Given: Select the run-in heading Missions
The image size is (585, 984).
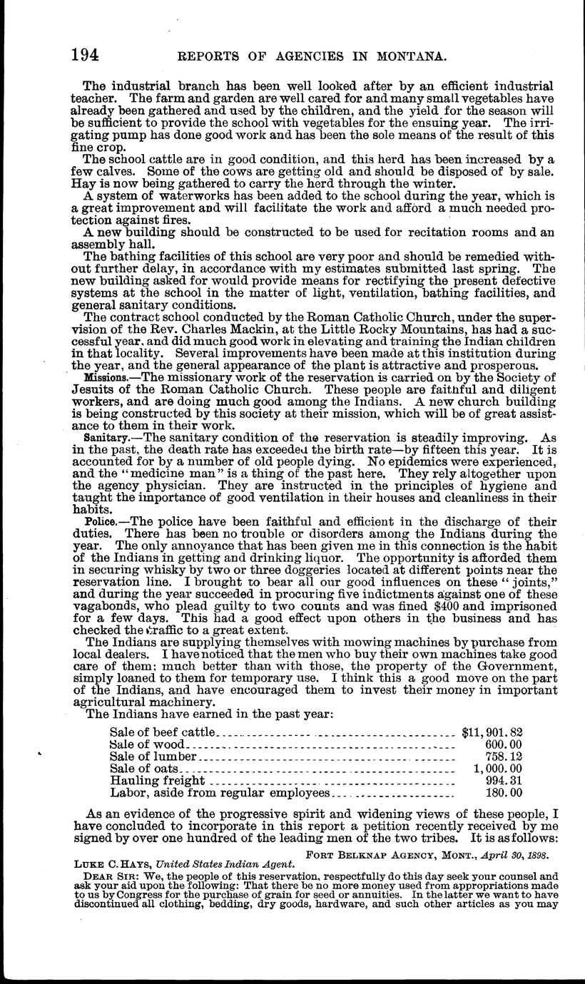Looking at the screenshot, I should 105,377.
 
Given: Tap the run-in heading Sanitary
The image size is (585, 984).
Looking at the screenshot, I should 104,436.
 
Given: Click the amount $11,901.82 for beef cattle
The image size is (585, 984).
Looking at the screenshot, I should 492,731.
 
